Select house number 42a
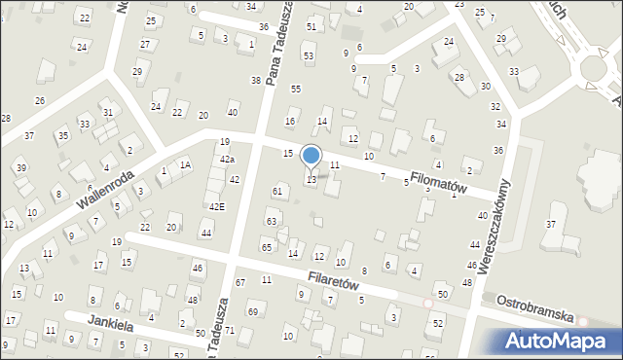pyautogui.click(x=227, y=159)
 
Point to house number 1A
pyautogui.click(x=185, y=164)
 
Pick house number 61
pyautogui.click(x=277, y=191)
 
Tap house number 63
pyautogui.click(x=272, y=222)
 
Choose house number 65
pyautogui.click(x=266, y=247)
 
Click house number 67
pyautogui.click(x=240, y=282)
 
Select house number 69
pyautogui.click(x=252, y=311)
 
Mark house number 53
pyautogui.click(x=309, y=56)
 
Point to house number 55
pyautogui.click(x=296, y=90)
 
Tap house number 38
pyautogui.click(x=256, y=80)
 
